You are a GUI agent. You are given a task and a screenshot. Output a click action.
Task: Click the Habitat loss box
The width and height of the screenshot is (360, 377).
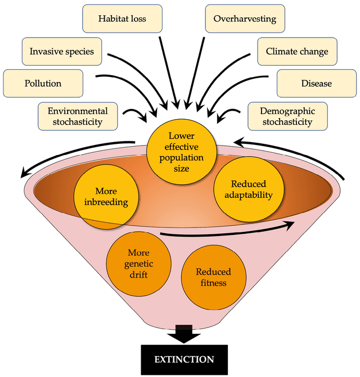[122, 19]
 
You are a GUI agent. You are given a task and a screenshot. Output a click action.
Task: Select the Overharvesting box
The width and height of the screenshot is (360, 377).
[245, 19]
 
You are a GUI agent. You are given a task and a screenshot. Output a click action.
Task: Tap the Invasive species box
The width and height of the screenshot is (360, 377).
[61, 52]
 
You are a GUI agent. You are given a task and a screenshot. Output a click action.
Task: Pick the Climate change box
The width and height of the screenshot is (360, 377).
[296, 52]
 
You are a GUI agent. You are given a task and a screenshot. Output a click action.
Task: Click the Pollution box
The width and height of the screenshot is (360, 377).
[43, 83]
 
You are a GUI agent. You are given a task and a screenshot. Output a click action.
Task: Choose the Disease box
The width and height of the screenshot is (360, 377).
[316, 83]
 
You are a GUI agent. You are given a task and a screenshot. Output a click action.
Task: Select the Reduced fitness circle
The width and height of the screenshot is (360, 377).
[213, 277]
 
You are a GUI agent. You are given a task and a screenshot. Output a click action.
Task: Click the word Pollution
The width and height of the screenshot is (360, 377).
[43, 83]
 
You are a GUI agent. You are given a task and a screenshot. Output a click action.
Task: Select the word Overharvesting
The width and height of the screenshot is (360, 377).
[245, 19]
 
